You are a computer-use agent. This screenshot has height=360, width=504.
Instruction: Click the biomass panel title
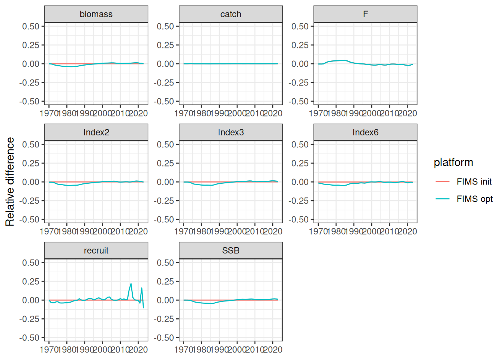click(96, 14)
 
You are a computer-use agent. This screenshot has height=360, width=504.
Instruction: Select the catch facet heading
click(231, 14)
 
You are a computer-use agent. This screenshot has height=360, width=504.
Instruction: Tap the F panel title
click(365, 14)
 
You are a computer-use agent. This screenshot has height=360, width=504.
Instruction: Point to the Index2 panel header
click(96, 132)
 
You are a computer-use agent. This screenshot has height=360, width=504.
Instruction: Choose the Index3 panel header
click(231, 132)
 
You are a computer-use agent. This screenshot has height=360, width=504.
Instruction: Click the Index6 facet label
click(365, 132)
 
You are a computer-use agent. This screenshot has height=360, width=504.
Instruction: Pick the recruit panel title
click(96, 250)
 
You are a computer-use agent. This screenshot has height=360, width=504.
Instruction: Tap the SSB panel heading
click(231, 250)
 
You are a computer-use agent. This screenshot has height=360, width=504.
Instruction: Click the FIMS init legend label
click(474, 181)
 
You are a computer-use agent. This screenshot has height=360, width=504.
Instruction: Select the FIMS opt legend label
click(474, 199)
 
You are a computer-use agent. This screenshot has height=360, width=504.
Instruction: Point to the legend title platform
click(453, 162)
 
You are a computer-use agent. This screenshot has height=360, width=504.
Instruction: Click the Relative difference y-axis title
click(10, 181)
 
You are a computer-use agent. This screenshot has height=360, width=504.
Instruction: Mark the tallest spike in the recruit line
click(131, 284)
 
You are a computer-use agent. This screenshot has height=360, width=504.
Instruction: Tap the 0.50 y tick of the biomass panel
click(31, 26)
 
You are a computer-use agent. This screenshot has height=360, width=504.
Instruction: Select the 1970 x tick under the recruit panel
click(49, 349)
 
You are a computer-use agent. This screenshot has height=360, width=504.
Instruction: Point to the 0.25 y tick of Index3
click(165, 163)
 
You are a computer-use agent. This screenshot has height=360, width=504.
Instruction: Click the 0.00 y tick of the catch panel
click(165, 64)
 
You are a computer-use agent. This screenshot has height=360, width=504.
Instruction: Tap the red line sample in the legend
click(442, 181)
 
